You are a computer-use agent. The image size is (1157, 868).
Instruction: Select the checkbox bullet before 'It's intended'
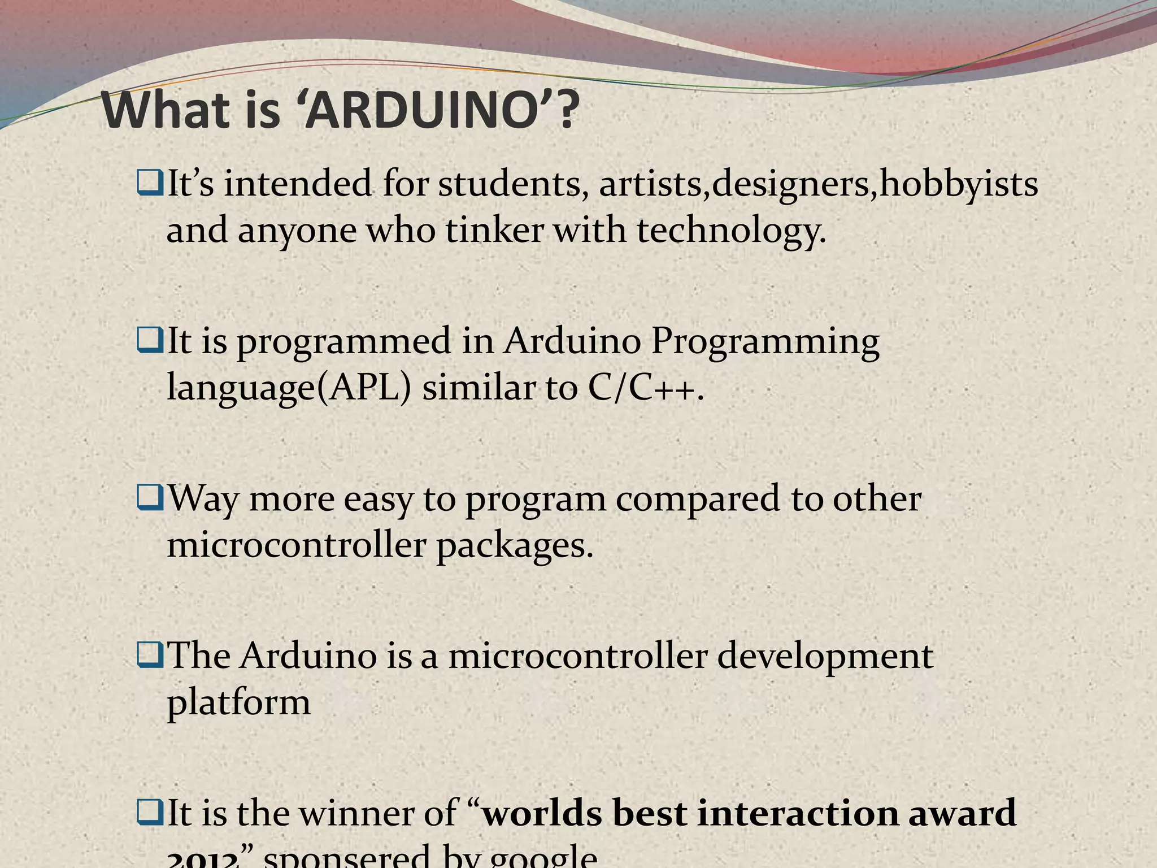click(149, 185)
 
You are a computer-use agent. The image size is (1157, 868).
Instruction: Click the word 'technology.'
click(732, 231)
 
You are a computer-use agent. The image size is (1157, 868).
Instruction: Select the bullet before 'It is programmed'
click(149, 342)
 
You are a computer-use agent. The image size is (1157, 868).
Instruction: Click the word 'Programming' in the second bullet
click(765, 342)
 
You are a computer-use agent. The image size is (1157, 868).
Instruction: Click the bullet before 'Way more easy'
click(149, 499)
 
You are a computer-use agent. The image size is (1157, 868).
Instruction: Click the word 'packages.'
click(515, 546)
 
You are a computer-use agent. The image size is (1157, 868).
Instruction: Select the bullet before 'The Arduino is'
click(149, 656)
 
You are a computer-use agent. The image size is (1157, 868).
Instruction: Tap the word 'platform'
click(238, 703)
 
